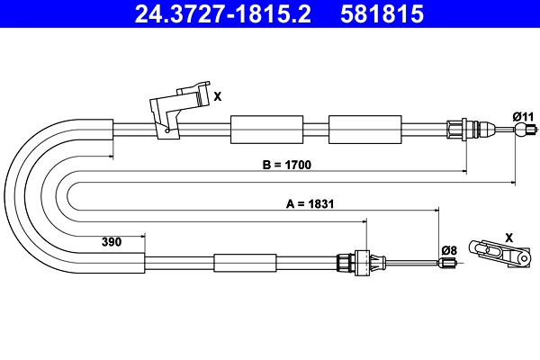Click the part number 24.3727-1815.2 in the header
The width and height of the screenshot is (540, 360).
coord(222,13)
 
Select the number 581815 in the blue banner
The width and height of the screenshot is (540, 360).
coord(382,13)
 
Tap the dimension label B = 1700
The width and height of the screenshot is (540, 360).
coord(287,165)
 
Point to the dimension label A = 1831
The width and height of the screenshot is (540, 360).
coord(310,204)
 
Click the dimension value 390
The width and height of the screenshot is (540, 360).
coord(112,242)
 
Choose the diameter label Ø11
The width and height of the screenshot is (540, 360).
coord(523,117)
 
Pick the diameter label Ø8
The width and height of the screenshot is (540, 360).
coord(449,250)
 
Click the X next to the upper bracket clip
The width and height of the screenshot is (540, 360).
coord(217,97)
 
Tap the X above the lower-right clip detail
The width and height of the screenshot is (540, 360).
coord(508,238)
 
